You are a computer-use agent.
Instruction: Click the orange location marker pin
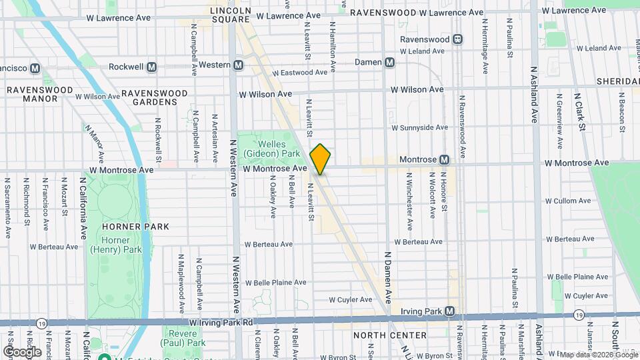[320, 159]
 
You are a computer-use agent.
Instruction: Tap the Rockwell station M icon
[152, 67]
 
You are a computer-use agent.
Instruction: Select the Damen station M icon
[390, 62]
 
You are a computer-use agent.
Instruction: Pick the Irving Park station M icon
[450, 311]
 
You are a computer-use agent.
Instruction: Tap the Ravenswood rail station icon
[458, 39]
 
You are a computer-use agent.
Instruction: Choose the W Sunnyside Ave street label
[419, 127]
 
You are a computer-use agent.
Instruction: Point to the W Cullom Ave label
[568, 201]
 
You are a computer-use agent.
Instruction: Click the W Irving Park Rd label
[221, 323]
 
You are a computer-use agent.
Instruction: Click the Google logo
[22, 351]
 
